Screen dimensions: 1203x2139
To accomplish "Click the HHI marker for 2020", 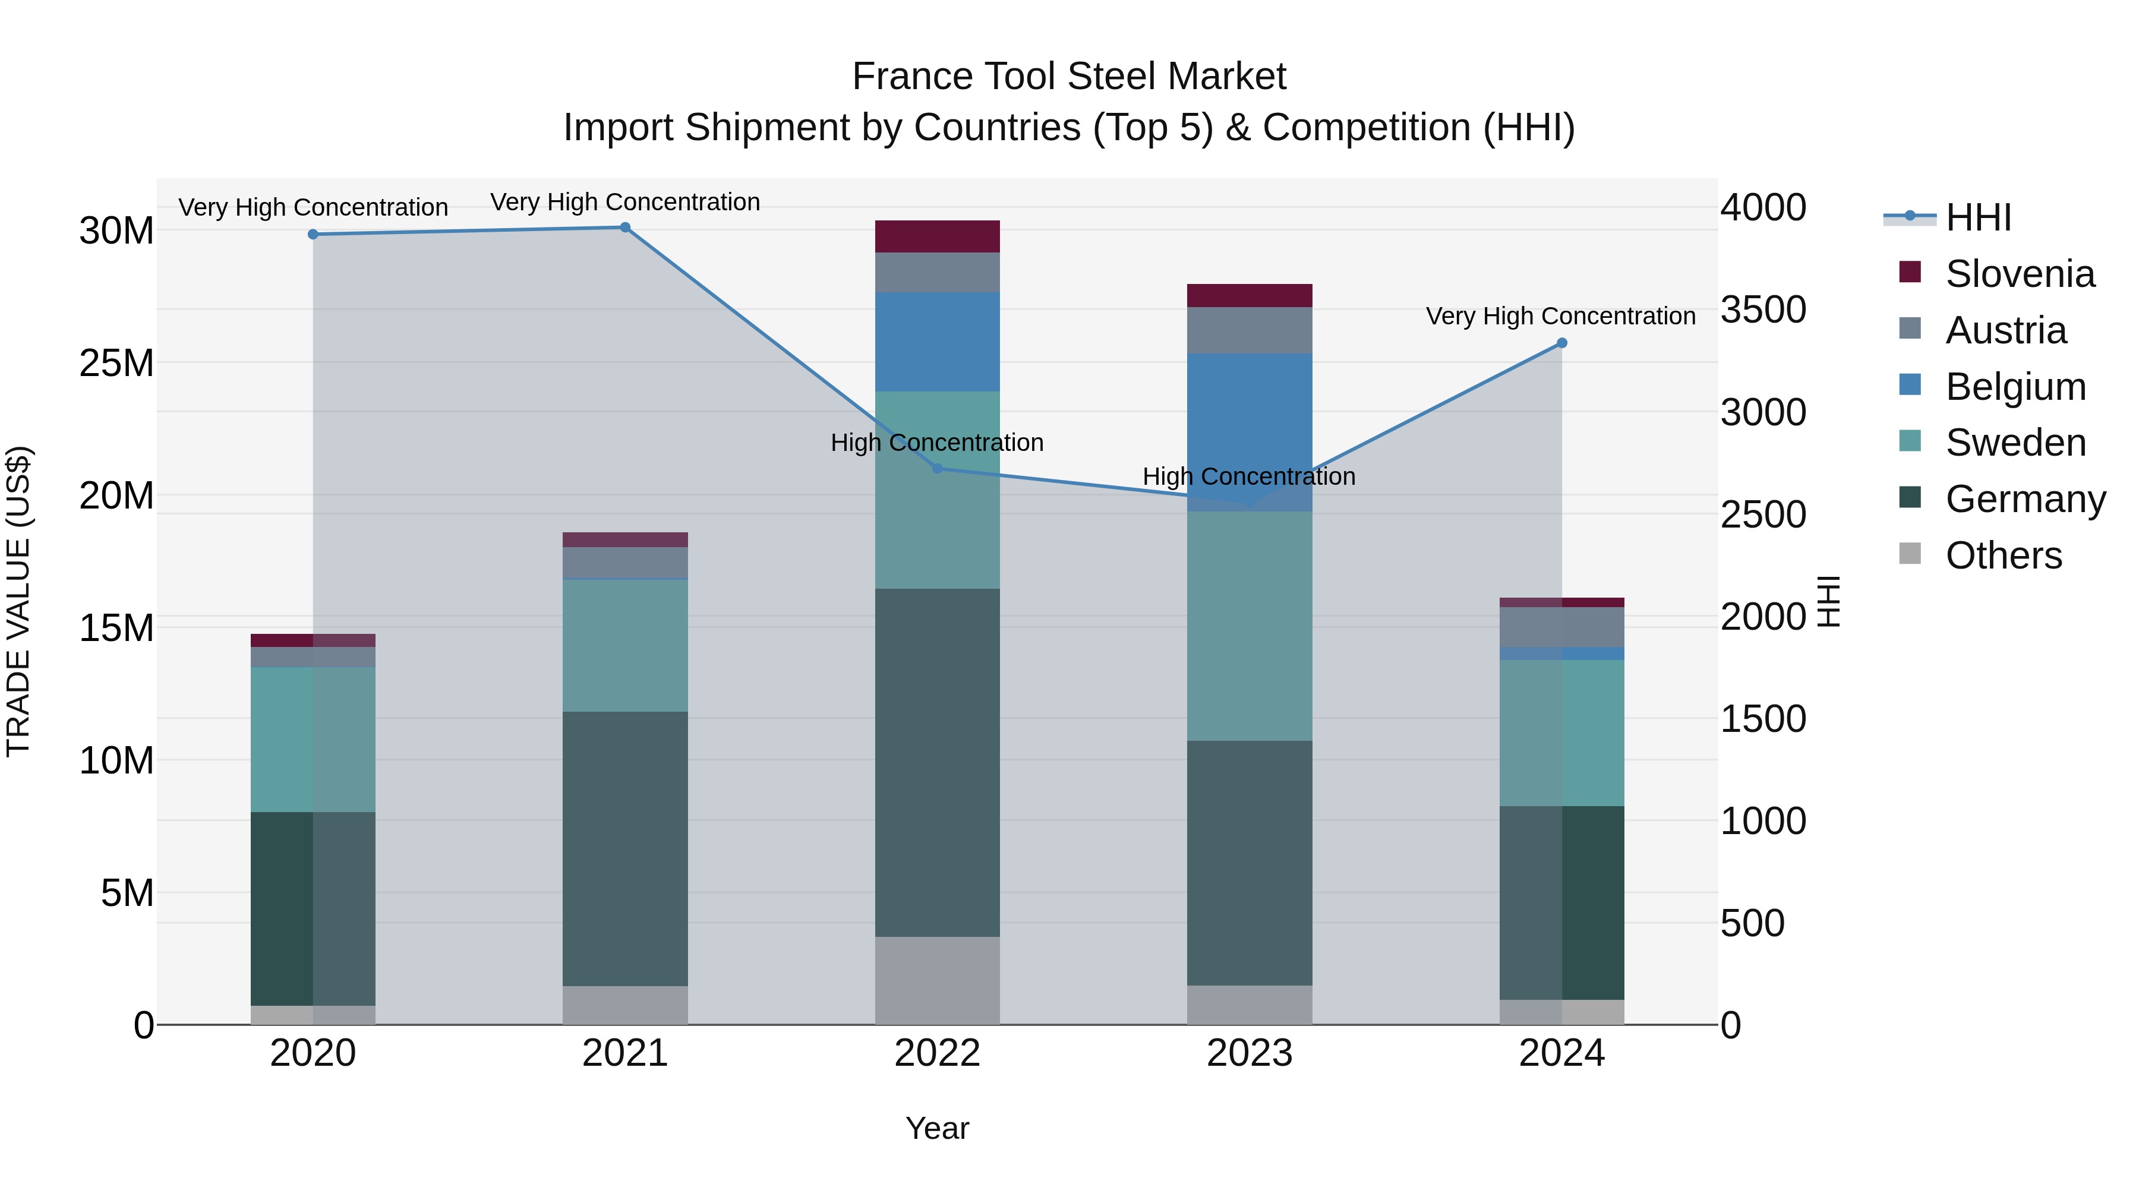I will point(313,235).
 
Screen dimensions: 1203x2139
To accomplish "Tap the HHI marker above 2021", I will point(625,228).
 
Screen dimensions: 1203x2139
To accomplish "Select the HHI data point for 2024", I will point(1562,343).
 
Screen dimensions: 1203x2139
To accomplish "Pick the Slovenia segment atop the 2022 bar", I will point(938,236).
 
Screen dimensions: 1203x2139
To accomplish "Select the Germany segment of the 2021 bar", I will point(625,848).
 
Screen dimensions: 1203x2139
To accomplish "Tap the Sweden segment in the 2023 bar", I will point(1250,626).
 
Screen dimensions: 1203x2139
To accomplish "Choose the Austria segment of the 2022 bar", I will point(938,272).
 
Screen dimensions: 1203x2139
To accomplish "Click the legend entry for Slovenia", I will point(2020,274).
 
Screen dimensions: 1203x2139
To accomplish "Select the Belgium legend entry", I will point(2015,387).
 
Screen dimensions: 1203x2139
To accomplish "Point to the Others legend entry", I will point(2003,555).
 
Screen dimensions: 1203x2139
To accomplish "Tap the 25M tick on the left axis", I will point(116,364).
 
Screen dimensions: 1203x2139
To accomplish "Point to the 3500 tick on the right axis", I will point(1763,310).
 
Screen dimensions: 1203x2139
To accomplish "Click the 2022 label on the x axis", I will point(938,1053).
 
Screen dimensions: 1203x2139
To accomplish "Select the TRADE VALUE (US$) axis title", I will point(18,601).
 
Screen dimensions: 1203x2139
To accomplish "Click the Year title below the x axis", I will point(938,1128).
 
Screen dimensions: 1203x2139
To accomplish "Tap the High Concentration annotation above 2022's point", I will point(938,443).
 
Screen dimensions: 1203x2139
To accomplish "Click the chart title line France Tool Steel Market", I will point(1069,77).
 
